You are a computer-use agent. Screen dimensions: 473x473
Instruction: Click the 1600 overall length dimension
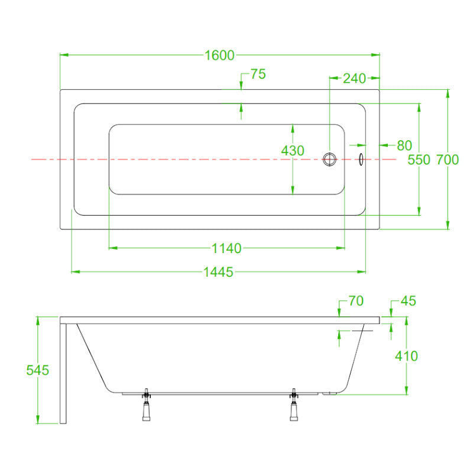[219, 55]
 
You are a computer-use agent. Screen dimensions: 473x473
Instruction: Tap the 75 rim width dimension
[258, 74]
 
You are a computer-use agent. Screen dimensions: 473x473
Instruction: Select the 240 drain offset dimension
[354, 79]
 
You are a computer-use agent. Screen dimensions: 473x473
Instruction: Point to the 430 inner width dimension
[293, 151]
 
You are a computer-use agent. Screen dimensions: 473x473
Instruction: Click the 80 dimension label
[404, 145]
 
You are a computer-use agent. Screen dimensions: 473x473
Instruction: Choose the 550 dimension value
[419, 160]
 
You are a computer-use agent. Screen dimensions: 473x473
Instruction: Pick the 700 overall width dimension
[448, 160]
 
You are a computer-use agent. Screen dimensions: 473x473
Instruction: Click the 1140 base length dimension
[226, 248]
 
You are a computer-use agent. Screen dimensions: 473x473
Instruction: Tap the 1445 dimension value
[218, 272]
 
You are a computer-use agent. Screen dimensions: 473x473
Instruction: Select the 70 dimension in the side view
[356, 301]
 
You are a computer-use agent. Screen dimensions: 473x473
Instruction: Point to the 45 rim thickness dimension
[408, 301]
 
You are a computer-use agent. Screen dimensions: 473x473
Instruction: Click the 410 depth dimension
[406, 357]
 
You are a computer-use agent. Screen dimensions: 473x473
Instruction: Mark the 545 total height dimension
[37, 370]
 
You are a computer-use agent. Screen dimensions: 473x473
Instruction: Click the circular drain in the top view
[329, 159]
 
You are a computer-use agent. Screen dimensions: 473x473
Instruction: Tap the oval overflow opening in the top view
[361, 159]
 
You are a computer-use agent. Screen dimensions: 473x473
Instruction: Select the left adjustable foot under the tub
[146, 404]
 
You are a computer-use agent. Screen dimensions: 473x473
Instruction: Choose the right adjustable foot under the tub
[294, 404]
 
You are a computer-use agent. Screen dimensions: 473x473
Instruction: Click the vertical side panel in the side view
[63, 374]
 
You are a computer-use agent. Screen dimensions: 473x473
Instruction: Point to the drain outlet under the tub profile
[329, 393]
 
